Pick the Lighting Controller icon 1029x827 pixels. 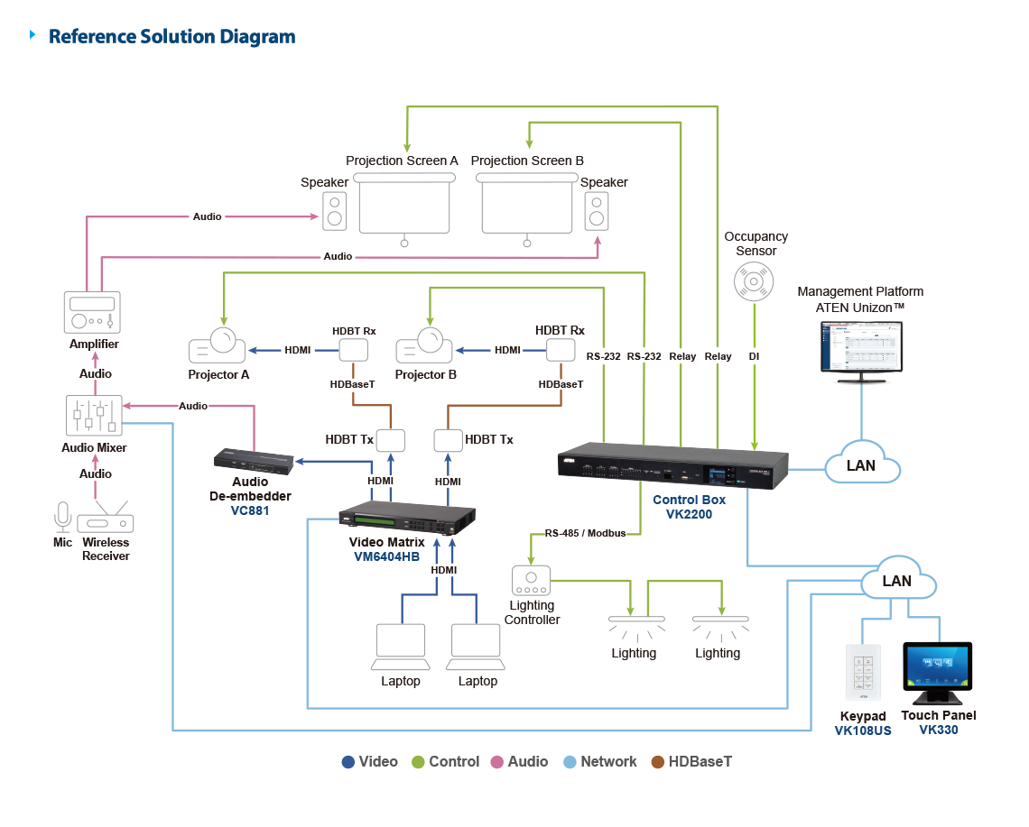pos(532,579)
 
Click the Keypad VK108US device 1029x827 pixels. pos(863,673)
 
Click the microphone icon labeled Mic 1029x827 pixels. pos(62,517)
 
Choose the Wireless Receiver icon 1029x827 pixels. pos(106,521)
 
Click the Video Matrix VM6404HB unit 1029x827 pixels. pos(407,520)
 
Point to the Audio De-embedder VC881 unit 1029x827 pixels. pos(254,462)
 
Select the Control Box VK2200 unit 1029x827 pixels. pos(673,468)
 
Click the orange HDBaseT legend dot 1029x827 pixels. pos(658,762)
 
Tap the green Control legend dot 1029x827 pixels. pos(418,762)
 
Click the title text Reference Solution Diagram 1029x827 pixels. pos(171,37)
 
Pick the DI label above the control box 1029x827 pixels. pos(754,356)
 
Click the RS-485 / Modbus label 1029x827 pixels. pos(585,533)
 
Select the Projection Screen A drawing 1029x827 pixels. pos(403,206)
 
